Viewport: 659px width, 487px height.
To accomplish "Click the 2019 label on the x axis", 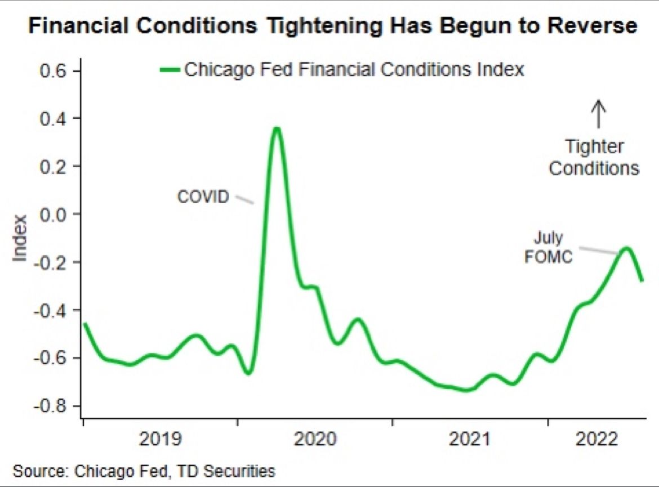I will coord(161,439).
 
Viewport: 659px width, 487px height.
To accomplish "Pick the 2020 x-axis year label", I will coord(315,439).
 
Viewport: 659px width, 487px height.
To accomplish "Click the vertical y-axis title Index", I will coord(20,238).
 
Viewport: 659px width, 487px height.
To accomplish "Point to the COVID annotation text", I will coord(203,197).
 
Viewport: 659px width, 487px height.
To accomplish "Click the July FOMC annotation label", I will coord(549,248).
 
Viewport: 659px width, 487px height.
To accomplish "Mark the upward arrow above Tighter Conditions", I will coord(598,114).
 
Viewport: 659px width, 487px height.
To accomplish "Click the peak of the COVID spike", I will coord(276,129).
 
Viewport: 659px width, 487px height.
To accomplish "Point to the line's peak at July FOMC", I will coord(626,248).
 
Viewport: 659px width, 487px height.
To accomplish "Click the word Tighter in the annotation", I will coord(594,148).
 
